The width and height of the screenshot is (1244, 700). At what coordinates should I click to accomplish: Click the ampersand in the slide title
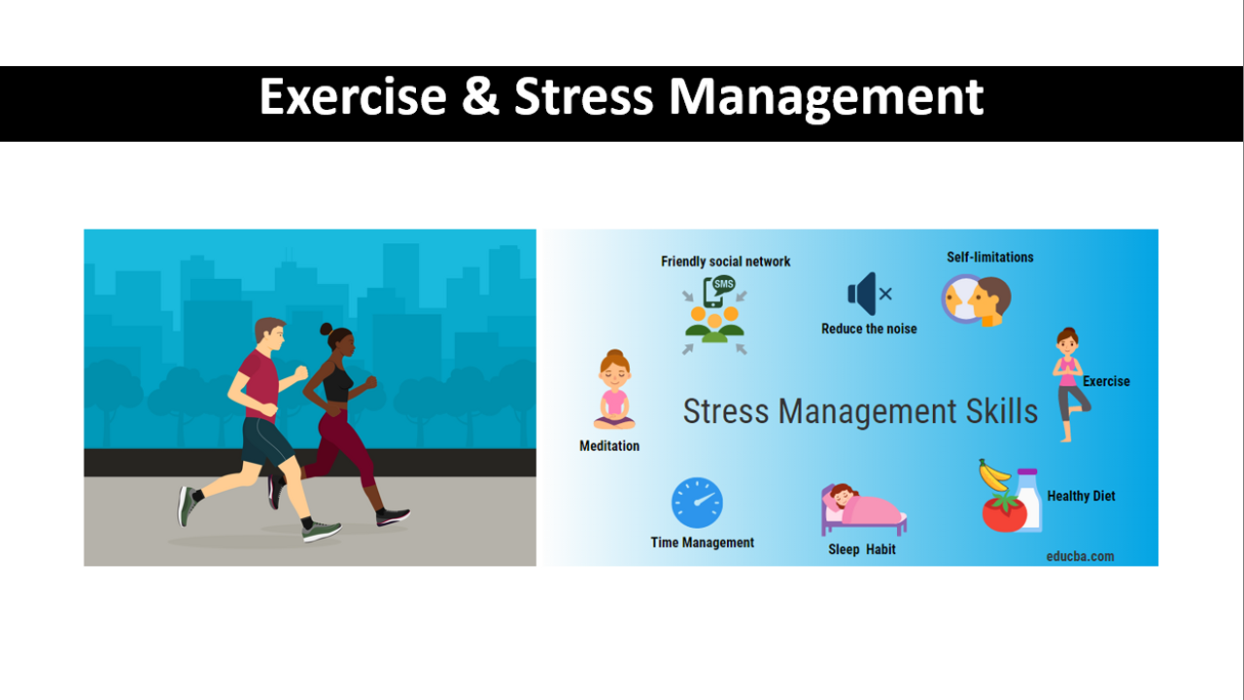(480, 96)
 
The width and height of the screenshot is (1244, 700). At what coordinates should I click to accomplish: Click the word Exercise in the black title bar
(353, 96)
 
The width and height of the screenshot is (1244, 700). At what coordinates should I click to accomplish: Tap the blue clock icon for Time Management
(697, 503)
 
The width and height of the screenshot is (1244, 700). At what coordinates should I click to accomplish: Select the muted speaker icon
(870, 294)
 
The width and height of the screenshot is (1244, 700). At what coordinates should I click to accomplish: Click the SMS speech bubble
(724, 285)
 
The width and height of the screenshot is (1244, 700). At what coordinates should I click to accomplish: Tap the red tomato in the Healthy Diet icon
(1004, 512)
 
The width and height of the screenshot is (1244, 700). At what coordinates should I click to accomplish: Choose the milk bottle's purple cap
(1027, 472)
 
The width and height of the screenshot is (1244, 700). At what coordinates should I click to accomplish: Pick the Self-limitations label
(989, 258)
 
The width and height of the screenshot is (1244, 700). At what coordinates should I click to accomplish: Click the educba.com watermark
(1080, 556)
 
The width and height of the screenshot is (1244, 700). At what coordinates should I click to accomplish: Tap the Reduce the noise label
(869, 329)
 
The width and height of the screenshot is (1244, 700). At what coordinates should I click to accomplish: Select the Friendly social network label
(725, 262)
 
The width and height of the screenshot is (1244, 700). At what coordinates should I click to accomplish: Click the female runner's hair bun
(326, 329)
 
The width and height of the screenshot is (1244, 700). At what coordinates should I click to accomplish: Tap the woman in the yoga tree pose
(1070, 384)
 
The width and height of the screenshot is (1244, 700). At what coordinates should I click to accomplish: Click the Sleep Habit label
(862, 549)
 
